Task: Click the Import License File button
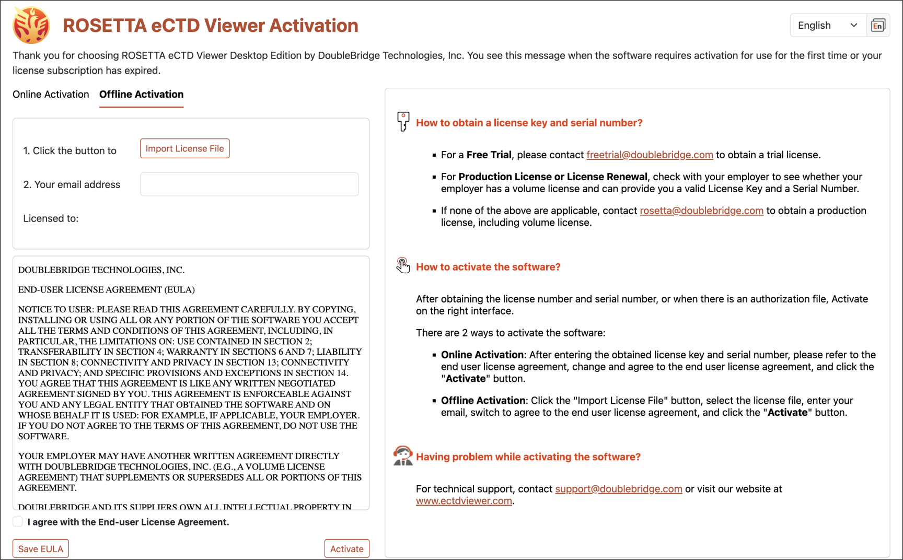[x=184, y=148]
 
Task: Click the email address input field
[x=249, y=184]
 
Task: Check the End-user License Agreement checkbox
[x=18, y=521]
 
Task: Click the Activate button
[x=346, y=549]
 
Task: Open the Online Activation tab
[x=51, y=95]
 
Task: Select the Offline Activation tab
[x=141, y=95]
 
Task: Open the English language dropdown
[x=828, y=26]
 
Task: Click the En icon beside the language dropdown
[x=878, y=26]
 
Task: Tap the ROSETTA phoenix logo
[x=31, y=25]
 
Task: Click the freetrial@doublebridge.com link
[x=650, y=155]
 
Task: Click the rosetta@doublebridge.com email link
[x=701, y=211]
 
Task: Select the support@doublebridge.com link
[x=618, y=489]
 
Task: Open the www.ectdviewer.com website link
[x=464, y=501]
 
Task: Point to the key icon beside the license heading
[x=403, y=121]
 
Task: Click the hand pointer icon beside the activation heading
[x=403, y=265]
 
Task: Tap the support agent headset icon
[x=403, y=456]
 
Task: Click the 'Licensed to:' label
[x=51, y=218]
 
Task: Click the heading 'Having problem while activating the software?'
[x=528, y=457]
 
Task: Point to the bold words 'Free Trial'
[x=489, y=155]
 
